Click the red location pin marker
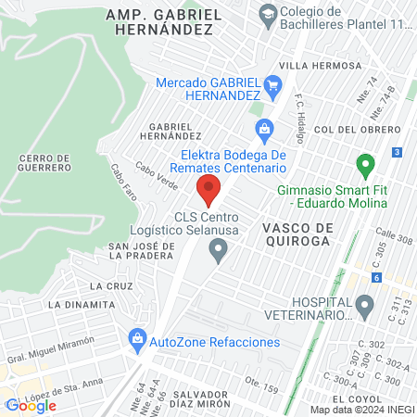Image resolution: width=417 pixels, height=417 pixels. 208,192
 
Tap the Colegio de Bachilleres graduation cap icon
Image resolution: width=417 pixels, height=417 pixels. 269,13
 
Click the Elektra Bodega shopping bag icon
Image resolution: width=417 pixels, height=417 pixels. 264,128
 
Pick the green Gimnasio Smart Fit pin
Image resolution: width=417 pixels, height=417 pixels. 365,167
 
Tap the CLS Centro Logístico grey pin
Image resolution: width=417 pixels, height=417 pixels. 219,249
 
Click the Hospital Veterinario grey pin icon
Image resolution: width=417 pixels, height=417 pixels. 365,305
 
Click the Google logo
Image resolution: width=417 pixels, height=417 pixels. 31,405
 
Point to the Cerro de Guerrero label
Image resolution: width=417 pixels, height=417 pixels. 44,162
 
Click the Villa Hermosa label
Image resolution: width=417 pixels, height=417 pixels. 321,66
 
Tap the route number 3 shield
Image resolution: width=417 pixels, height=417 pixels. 397,152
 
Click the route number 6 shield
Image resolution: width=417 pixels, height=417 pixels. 377,277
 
